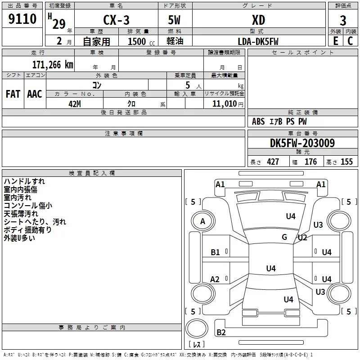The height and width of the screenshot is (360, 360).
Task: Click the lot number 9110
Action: click(x=22, y=18)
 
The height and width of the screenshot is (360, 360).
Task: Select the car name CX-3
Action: click(x=116, y=20)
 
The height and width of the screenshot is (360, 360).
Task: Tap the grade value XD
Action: click(x=258, y=20)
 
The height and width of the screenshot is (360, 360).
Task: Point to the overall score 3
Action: click(x=343, y=21)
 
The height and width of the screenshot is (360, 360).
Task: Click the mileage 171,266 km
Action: click(x=53, y=65)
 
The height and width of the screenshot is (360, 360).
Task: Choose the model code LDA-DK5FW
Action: click(x=258, y=41)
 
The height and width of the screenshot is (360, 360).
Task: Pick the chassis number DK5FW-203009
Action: click(x=302, y=143)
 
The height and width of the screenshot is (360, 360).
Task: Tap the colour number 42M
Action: click(x=75, y=104)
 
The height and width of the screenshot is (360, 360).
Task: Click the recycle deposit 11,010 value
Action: click(x=224, y=103)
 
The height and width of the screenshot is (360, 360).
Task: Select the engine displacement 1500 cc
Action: click(x=141, y=41)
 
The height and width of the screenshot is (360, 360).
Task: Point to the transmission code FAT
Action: click(x=13, y=94)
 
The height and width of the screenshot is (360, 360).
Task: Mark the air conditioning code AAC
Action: click(x=35, y=94)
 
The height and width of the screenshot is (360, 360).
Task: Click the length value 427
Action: click(x=273, y=162)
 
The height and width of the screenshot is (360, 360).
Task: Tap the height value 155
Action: click(x=346, y=162)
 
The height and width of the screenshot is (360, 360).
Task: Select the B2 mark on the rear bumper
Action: click(x=221, y=332)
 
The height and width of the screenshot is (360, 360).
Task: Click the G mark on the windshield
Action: click(x=284, y=237)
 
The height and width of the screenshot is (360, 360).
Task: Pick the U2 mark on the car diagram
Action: click(x=302, y=238)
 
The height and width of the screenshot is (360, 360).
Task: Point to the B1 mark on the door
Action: click(x=215, y=252)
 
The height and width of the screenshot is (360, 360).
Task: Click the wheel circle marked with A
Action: click(x=203, y=221)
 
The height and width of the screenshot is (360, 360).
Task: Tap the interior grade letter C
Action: click(x=350, y=41)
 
